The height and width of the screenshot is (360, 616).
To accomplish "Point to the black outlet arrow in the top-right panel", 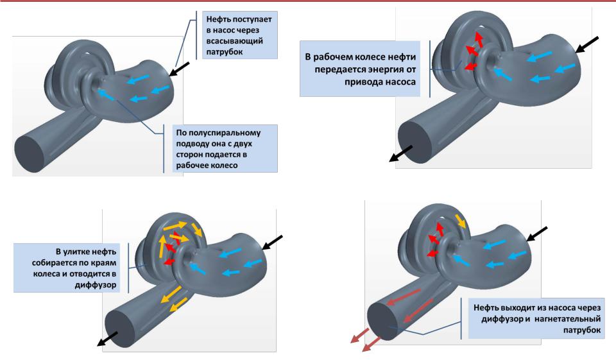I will point(403,153).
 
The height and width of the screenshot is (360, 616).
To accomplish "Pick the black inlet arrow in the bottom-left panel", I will point(273,243).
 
